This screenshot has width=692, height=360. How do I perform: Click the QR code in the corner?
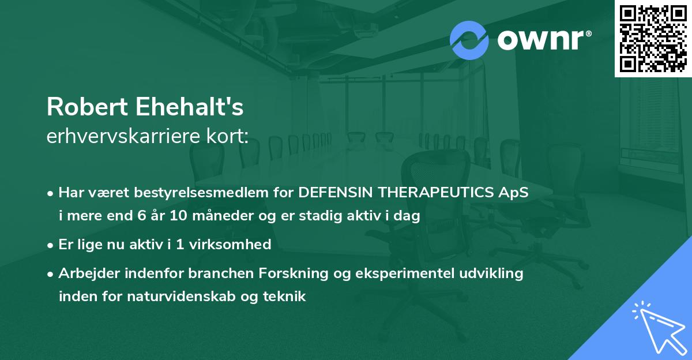pyautogui.click(x=653, y=39)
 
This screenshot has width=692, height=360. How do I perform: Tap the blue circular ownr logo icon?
pyautogui.click(x=469, y=40)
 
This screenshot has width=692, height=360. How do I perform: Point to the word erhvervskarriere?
pyautogui.click(x=122, y=137)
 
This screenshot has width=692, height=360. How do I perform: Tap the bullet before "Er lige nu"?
pyautogui.click(x=51, y=245)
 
